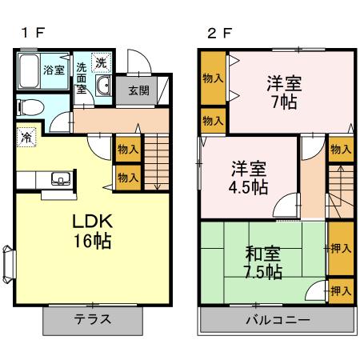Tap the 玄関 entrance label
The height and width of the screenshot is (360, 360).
coord(138,90)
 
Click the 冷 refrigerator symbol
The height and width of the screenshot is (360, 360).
coord(26,137)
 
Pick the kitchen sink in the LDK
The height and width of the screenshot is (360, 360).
coord(58,178)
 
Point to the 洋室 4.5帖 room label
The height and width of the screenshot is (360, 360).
coord(250,178)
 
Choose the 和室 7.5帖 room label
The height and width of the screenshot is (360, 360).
coord(262,263)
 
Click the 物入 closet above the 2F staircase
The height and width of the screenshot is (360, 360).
coord(341,149)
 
